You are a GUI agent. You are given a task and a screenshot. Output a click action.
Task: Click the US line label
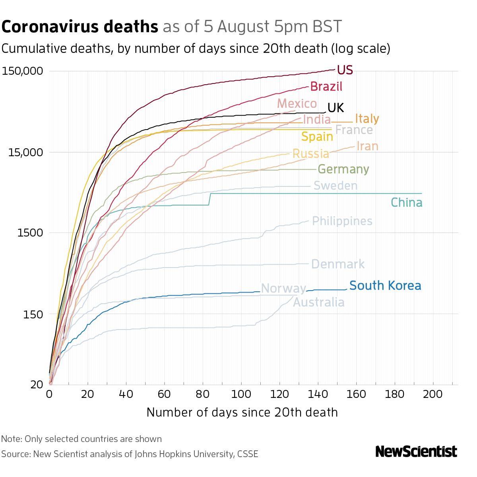point(345,70)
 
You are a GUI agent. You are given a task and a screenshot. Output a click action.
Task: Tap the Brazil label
point(326,86)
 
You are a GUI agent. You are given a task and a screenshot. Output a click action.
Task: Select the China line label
point(406,203)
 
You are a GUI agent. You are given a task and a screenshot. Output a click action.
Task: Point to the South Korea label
point(385,286)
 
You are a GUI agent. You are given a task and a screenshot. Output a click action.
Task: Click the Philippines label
point(342,221)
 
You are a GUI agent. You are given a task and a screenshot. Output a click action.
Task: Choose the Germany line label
point(343,169)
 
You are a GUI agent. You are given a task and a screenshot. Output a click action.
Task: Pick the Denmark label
point(337,264)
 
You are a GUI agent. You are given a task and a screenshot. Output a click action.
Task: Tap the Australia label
point(318,302)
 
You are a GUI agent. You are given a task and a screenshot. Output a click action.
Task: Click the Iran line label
point(367,146)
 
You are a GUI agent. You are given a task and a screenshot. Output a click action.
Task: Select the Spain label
point(317,137)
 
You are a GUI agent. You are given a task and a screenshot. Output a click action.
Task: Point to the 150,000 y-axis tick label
point(22,72)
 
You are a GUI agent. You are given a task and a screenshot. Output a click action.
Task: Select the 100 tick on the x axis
point(241,394)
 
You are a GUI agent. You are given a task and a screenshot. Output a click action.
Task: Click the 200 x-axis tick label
point(433,394)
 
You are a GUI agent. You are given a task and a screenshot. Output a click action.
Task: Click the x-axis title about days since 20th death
point(242,412)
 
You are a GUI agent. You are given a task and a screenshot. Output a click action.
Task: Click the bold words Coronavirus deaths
point(80,27)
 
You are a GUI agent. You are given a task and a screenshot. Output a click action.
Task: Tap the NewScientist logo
point(416,452)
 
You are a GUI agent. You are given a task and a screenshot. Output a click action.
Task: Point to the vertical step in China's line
point(209,199)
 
